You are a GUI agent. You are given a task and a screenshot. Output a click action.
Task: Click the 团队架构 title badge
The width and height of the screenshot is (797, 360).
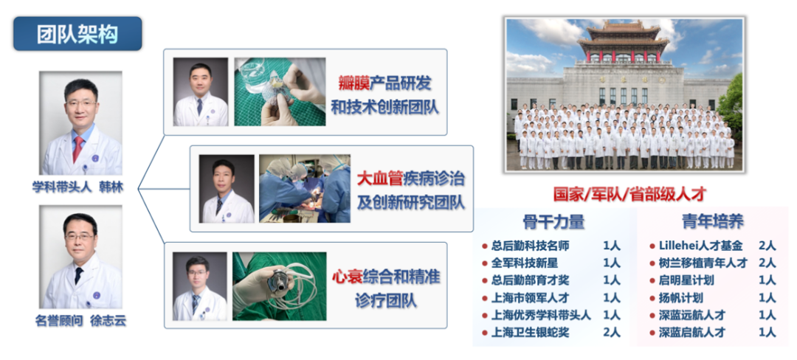[x=77, y=33]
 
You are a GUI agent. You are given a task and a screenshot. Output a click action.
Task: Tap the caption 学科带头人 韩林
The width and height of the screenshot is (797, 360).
[x=77, y=187]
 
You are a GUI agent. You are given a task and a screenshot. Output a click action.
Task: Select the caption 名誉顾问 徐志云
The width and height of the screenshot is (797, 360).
[x=80, y=321]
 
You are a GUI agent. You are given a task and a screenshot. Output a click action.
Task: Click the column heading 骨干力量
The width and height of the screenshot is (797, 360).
[x=553, y=221]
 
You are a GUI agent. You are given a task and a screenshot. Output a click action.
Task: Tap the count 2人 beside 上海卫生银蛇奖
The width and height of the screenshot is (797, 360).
[x=612, y=333]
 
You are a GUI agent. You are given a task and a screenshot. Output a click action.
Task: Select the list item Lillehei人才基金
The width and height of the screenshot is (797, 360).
[x=701, y=246]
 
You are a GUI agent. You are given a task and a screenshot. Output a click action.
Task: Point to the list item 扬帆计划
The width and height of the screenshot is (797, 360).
[x=681, y=298]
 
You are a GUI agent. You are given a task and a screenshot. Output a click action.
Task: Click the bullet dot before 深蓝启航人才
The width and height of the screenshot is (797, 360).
[x=652, y=333]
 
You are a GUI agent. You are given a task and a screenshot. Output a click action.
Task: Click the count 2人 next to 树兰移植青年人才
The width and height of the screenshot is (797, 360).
[x=767, y=263]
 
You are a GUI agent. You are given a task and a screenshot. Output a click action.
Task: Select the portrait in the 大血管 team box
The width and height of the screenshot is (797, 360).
[x=227, y=189]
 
